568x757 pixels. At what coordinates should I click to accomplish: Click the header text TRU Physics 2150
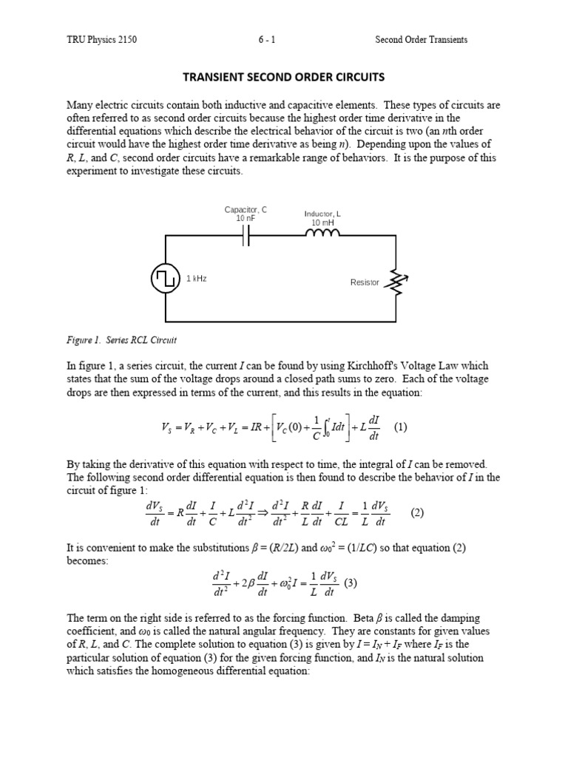click(101, 40)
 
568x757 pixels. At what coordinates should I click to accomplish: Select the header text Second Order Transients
click(421, 40)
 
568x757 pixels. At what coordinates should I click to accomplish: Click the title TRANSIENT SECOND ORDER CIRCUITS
click(284, 76)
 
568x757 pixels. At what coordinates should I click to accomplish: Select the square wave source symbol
click(164, 279)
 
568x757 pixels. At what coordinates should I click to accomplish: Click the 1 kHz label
click(196, 278)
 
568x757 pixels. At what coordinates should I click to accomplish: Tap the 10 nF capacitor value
click(246, 219)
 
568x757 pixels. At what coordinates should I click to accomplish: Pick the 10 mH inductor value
click(322, 223)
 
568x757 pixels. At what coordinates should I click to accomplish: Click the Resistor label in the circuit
click(364, 282)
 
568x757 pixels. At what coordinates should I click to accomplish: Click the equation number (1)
click(401, 427)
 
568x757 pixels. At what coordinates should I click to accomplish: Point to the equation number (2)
click(418, 512)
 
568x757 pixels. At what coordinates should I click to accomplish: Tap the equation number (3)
click(350, 583)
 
